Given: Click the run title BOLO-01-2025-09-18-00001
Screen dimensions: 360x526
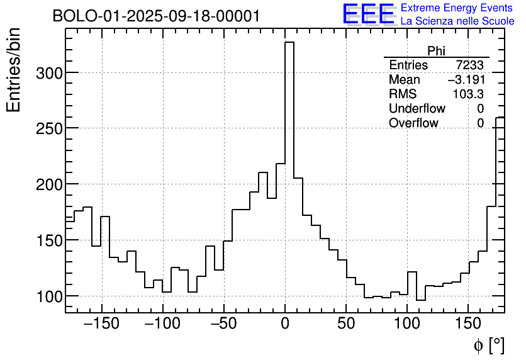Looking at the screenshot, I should pos(156,16).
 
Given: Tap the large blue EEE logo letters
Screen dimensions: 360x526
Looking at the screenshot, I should pos(368,14).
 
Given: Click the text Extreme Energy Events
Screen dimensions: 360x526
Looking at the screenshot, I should pos(457,8).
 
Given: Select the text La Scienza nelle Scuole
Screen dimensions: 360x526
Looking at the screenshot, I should pos(457,21).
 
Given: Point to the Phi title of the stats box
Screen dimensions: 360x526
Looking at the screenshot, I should pos(436,51).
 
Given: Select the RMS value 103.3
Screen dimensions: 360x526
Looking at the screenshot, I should pos(468,94).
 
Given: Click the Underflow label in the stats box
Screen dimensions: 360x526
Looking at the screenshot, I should pos(417,109).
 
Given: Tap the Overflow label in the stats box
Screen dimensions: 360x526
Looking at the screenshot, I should pos(413,123).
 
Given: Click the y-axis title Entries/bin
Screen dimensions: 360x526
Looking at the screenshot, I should pos(14,70).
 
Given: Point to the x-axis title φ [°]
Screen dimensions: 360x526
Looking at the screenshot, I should pos(489,345).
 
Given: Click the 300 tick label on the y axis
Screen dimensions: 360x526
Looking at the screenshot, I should pos(48,73).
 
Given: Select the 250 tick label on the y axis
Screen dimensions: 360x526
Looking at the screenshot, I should pos(48,128).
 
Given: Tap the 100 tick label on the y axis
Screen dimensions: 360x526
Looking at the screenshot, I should pos(48,296).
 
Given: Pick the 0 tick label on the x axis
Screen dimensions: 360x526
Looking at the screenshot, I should pos(285,325).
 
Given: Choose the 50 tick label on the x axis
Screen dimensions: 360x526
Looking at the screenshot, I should pos(346,325).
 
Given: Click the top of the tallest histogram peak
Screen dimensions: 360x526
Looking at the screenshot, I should pos(289,43).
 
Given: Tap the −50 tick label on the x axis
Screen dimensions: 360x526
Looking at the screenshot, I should pos(224,325).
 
